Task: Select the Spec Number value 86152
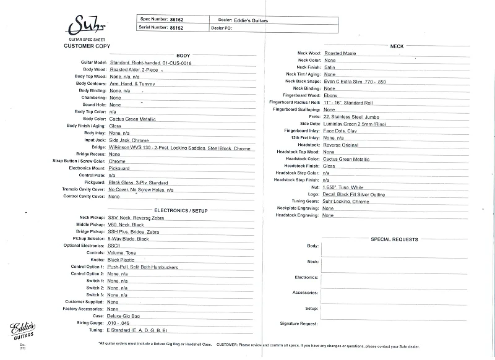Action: click(x=178, y=19)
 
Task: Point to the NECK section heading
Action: click(x=397, y=46)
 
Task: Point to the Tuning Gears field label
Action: click(x=302, y=201)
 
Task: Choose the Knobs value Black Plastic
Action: click(x=121, y=260)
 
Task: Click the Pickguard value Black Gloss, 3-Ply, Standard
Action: click(x=139, y=182)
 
